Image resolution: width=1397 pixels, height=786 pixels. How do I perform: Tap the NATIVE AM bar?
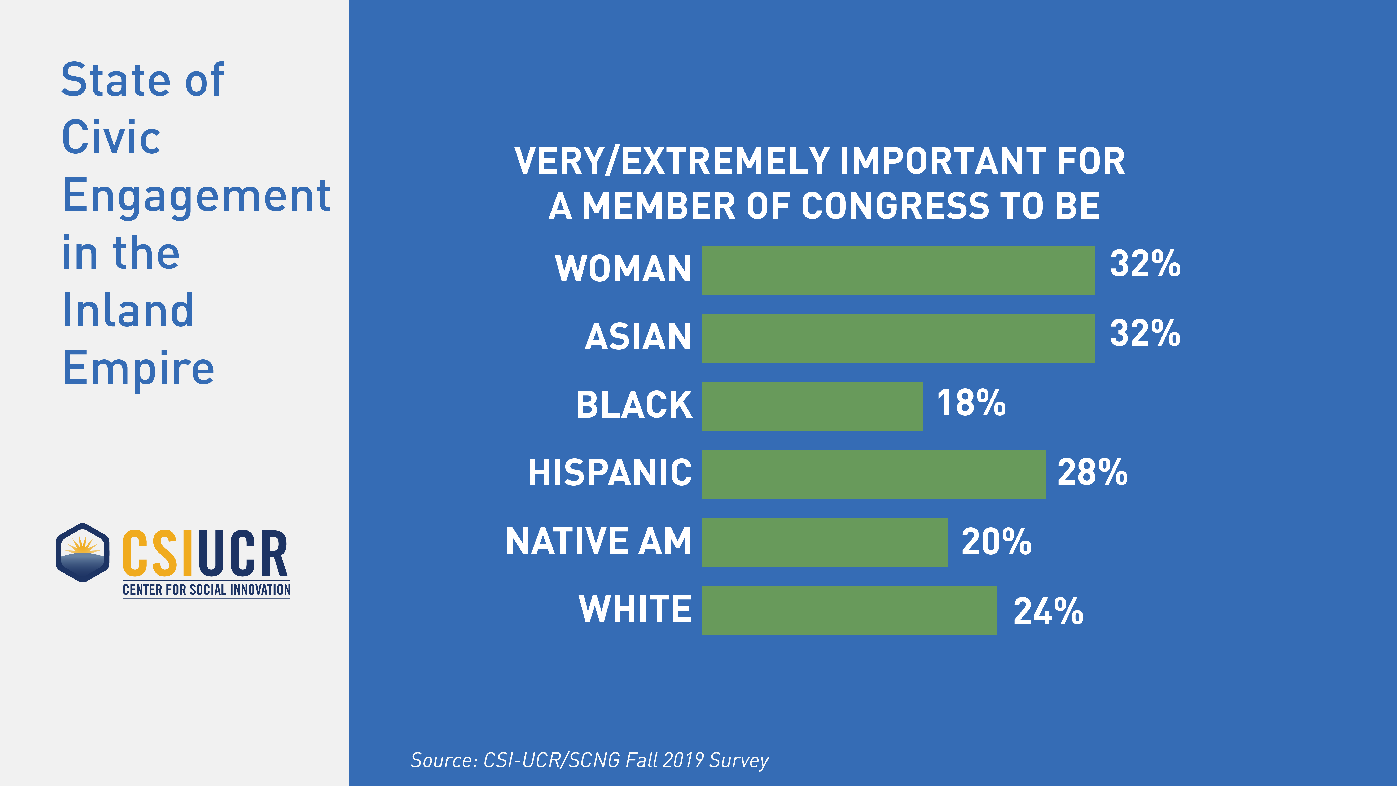coord(824,542)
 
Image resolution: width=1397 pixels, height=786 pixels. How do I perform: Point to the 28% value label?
coord(1092,472)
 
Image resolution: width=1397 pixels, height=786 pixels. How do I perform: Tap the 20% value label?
coord(996,541)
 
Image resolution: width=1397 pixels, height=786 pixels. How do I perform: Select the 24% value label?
coord(1048,611)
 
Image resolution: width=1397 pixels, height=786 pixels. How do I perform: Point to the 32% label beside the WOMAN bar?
coord(1144,264)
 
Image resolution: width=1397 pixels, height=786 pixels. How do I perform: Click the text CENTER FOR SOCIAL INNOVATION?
coord(206,590)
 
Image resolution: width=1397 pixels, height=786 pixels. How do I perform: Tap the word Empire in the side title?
coord(138,369)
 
